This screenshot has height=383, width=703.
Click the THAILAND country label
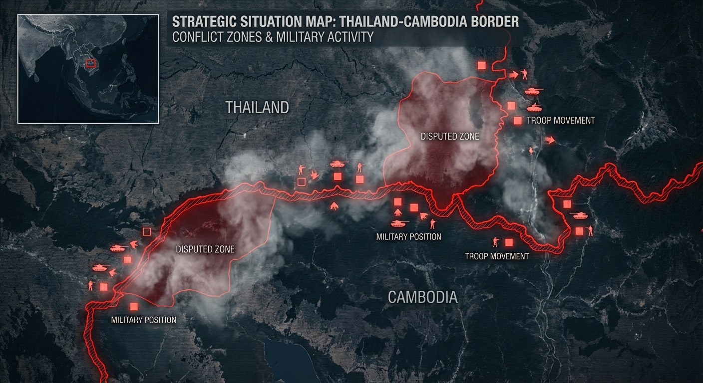point(257,107)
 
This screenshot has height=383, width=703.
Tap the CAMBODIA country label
point(422,297)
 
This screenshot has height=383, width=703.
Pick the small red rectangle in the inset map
point(90,63)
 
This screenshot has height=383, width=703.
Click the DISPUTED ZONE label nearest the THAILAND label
point(449,136)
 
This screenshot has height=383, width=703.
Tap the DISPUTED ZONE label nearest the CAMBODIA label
point(205,249)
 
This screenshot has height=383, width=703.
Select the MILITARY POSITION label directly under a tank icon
point(408,237)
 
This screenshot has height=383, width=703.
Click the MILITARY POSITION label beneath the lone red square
point(143,320)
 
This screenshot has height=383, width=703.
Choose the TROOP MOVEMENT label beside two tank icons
point(560,120)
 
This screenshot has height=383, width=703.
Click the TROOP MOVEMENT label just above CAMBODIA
point(496,256)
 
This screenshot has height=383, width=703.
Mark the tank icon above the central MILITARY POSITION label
point(399,223)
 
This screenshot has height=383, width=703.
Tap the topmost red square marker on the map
point(481,65)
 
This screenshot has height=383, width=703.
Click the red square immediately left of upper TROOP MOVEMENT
point(518,120)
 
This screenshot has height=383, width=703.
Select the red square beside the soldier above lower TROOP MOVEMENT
point(509,242)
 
